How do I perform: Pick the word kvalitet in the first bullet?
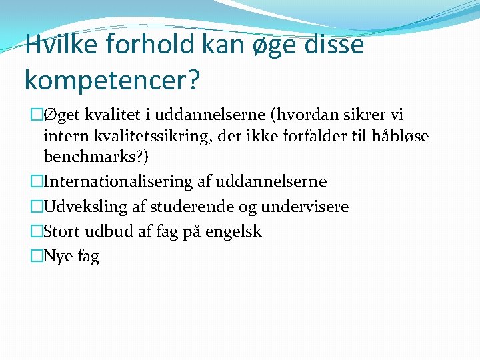pyautogui.click(x=112, y=115)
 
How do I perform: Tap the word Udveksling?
pyautogui.click(x=85, y=207)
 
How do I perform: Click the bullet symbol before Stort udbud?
pyautogui.click(x=36, y=232)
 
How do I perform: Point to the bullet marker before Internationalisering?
pyautogui.click(x=36, y=181)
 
